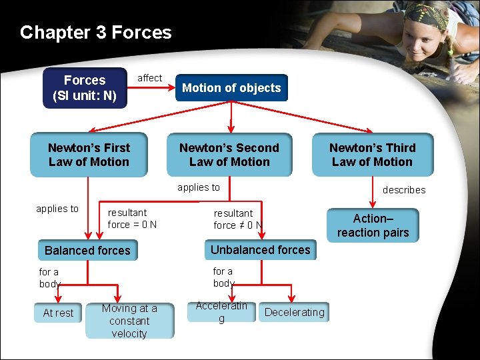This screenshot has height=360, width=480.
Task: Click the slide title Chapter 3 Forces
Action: point(95,33)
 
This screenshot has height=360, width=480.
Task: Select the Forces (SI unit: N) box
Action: point(84,88)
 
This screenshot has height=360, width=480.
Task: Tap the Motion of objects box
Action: point(231,88)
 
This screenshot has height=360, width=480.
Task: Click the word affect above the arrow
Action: point(149,78)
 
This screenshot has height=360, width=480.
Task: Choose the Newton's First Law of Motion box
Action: point(89,155)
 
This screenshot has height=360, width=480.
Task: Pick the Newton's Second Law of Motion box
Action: point(229,155)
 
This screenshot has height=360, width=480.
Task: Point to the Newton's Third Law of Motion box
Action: point(373,155)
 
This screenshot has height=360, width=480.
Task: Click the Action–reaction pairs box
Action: point(373,225)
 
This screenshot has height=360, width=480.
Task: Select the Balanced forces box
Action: point(87,251)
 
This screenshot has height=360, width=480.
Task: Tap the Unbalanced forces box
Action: point(260,250)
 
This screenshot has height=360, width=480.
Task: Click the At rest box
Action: point(58,313)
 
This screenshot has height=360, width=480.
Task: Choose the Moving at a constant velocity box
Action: point(129,321)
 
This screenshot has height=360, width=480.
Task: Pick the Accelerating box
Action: point(221,312)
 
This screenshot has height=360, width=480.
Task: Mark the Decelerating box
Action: point(294,312)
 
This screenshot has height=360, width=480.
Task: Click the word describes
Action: point(403,190)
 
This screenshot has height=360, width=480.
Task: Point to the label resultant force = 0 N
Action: point(132,219)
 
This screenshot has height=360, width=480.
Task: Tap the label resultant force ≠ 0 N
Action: point(237,219)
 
